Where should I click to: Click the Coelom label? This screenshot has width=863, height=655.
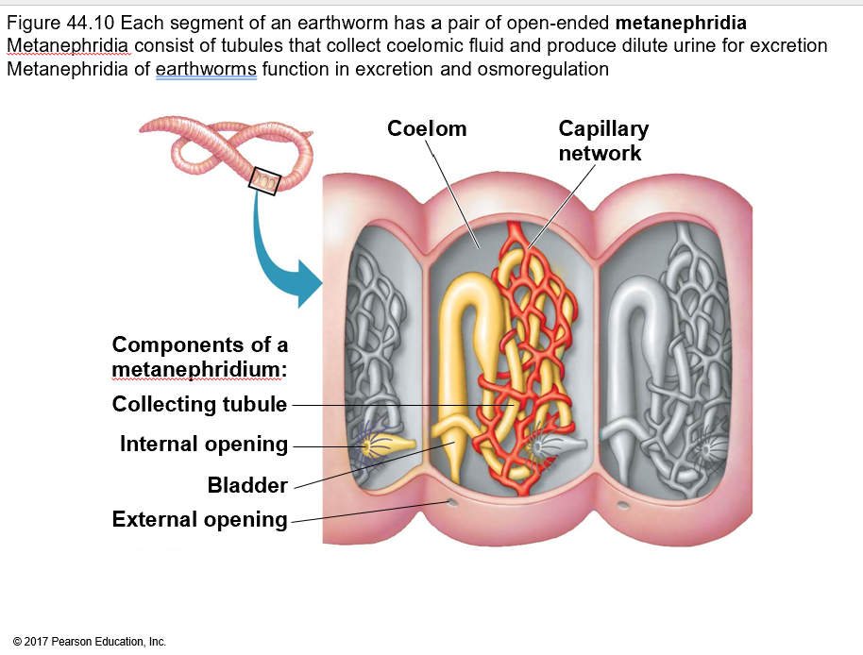(427, 129)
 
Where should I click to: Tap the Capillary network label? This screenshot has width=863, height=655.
(602, 141)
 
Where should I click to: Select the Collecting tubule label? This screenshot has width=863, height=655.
(199, 405)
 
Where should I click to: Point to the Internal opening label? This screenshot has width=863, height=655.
(204, 444)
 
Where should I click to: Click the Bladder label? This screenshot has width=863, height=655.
(247, 485)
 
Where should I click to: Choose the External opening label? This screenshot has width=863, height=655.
(199, 519)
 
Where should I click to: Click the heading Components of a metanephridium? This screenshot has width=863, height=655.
(199, 356)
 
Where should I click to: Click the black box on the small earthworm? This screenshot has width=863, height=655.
(264, 180)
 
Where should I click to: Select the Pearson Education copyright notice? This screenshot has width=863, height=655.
(91, 642)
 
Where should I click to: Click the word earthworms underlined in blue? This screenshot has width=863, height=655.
(206, 69)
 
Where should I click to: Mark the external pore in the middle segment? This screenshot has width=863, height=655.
(452, 504)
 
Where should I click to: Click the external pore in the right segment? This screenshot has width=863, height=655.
(623, 505)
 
